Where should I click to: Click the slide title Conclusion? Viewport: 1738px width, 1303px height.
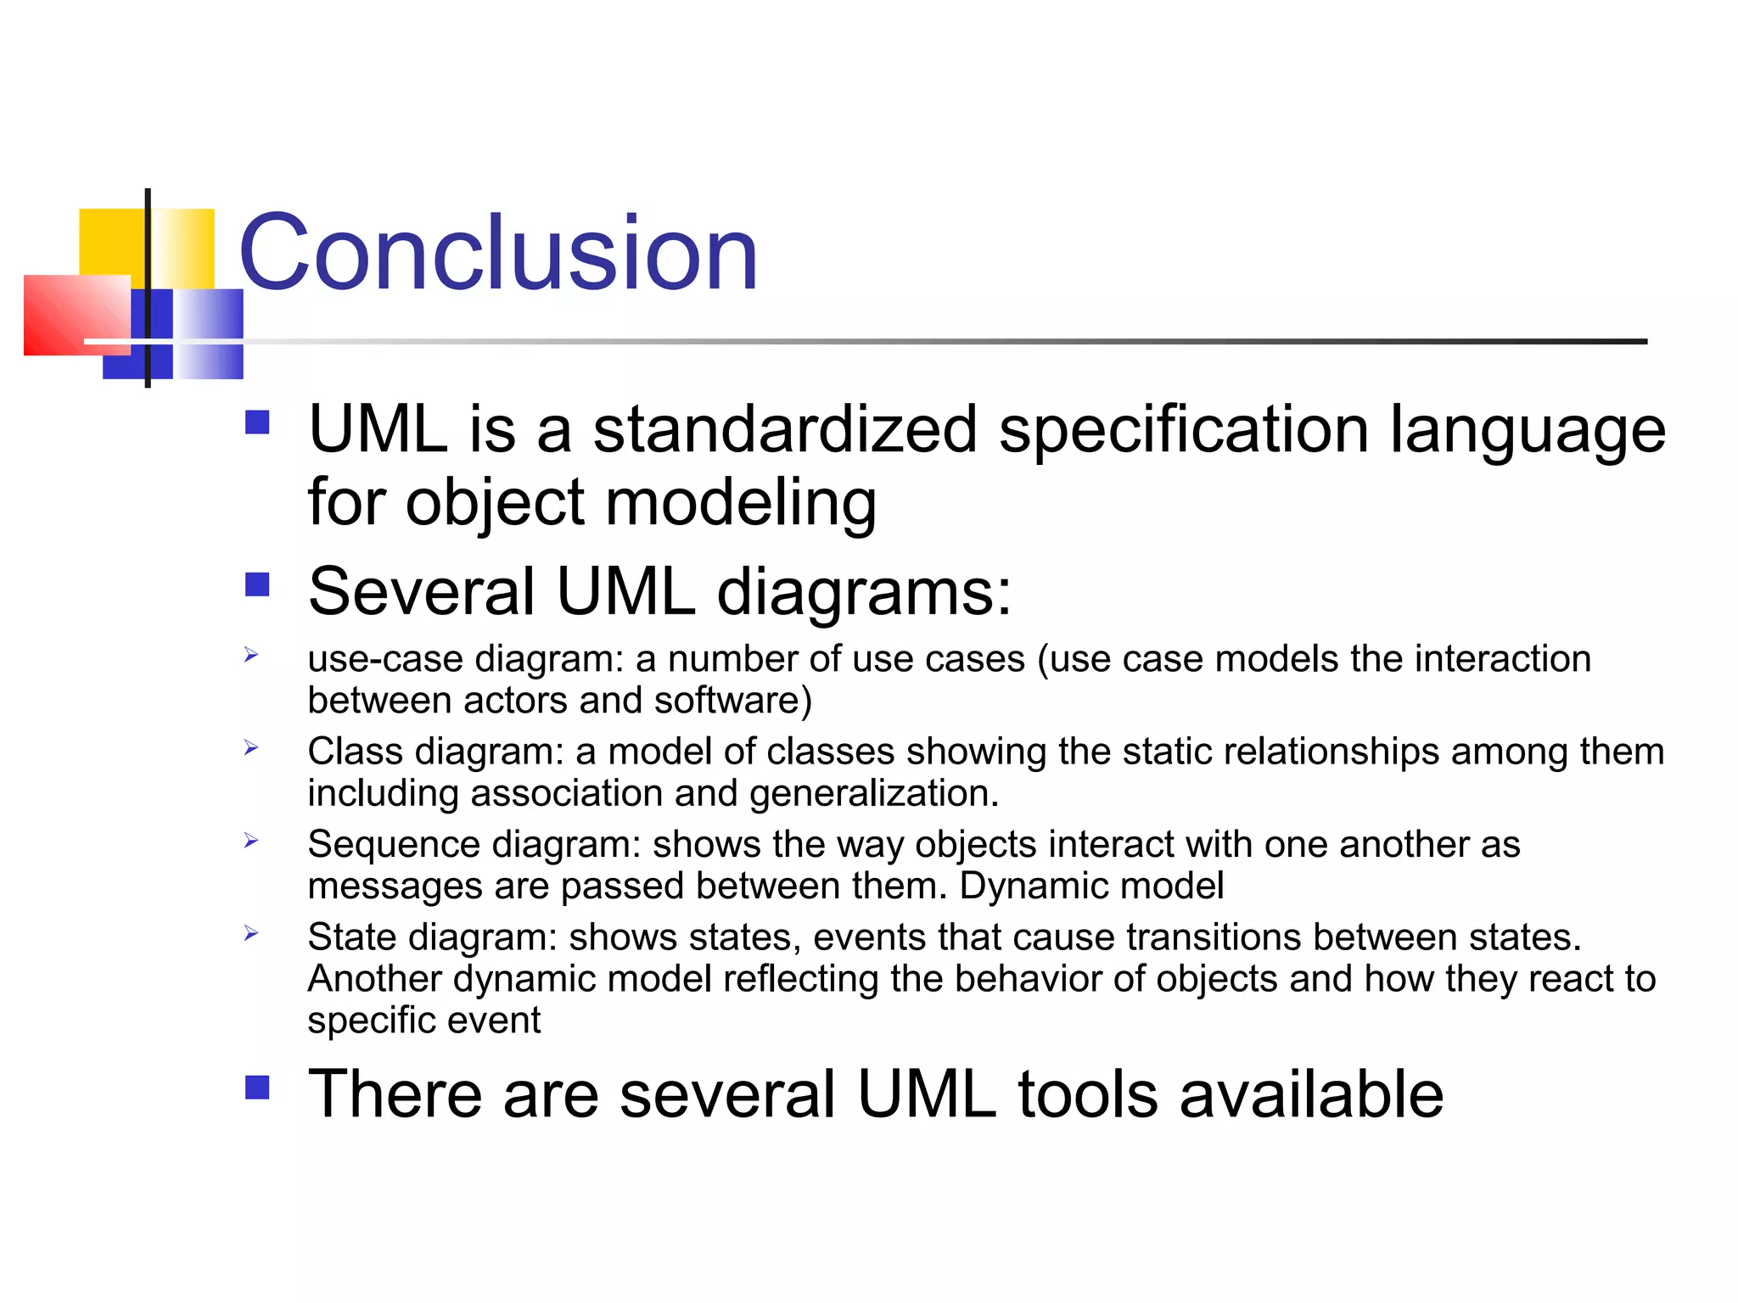(498, 253)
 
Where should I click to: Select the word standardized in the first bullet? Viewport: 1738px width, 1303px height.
(784, 429)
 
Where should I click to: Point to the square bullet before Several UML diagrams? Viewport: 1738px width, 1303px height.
(257, 584)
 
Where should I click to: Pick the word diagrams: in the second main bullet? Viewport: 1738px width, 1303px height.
(864, 591)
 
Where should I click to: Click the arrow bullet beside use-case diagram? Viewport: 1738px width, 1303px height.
(251, 654)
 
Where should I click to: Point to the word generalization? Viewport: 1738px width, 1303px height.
(873, 793)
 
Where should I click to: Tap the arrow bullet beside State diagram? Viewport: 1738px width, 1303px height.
(251, 933)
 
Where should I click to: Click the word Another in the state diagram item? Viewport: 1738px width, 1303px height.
(374, 979)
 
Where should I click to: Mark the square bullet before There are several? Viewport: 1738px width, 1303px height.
(257, 1088)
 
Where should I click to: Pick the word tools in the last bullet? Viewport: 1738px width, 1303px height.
(1088, 1094)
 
